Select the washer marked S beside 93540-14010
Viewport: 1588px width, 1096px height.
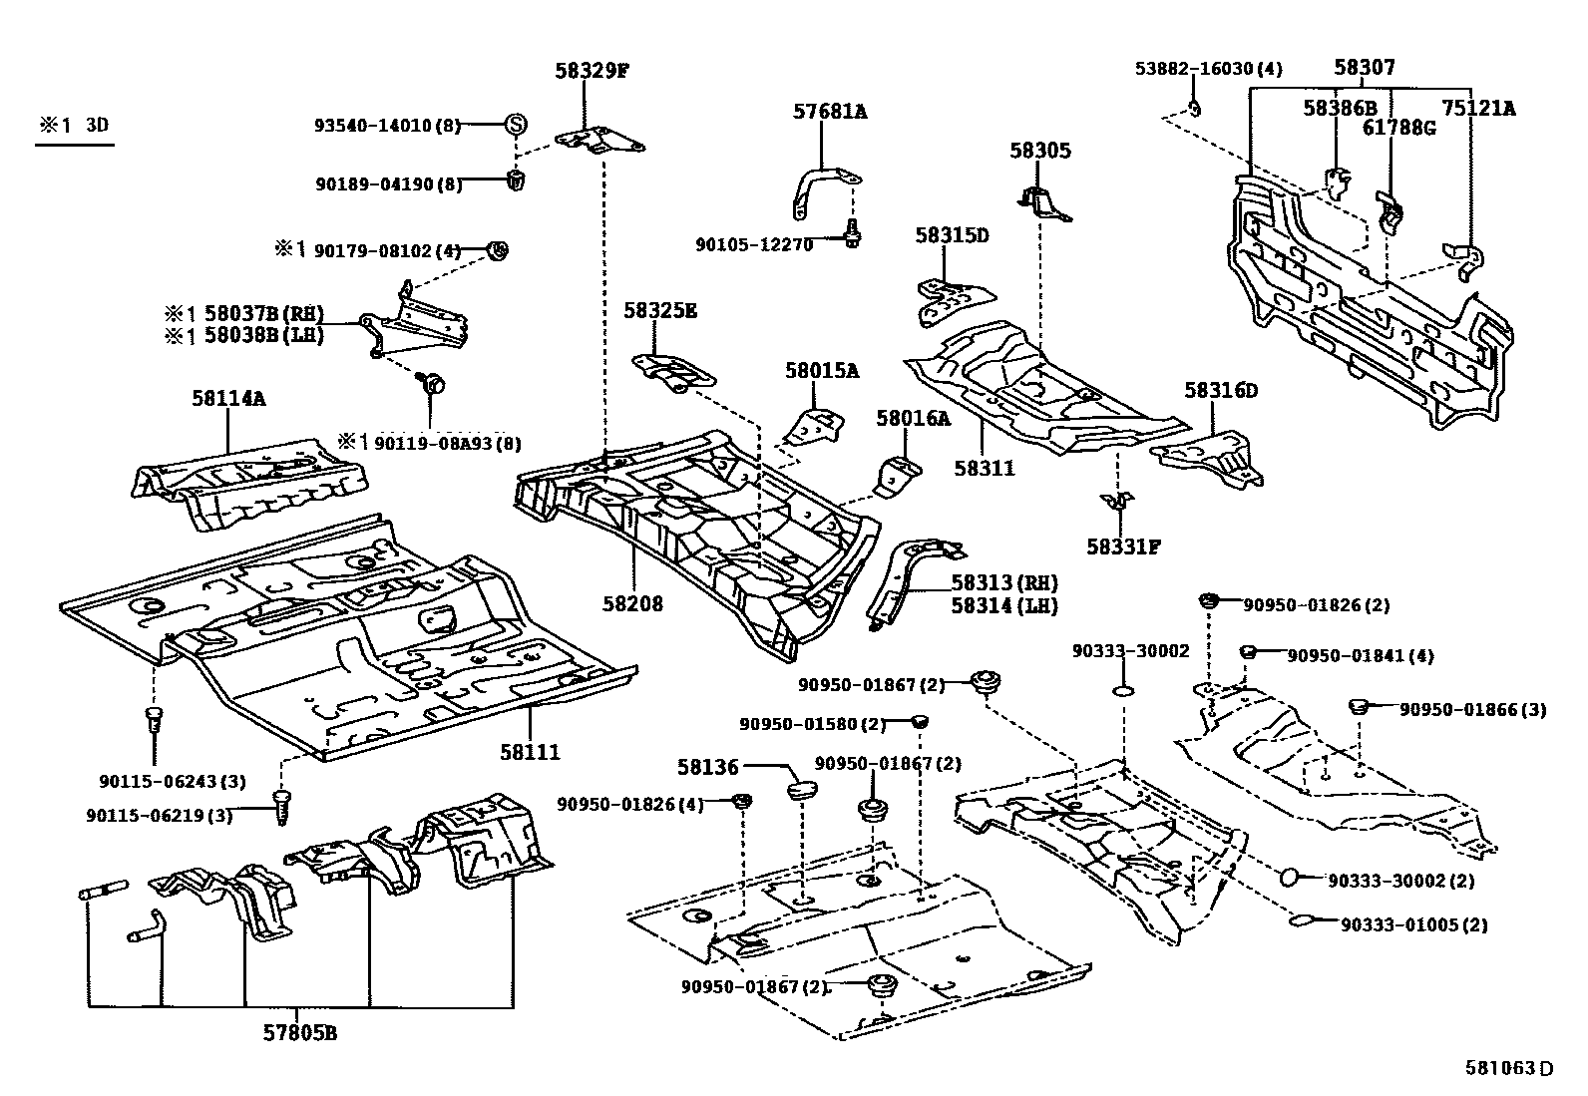click(516, 125)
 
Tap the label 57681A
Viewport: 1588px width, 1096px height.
click(830, 112)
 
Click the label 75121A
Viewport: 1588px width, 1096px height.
click(1477, 109)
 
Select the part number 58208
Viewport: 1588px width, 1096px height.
click(632, 603)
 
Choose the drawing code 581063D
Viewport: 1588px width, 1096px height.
click(1509, 1069)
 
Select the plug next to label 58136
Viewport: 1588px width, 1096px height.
click(802, 791)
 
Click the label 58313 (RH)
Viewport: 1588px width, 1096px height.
click(1003, 583)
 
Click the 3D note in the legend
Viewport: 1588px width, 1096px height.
click(96, 126)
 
